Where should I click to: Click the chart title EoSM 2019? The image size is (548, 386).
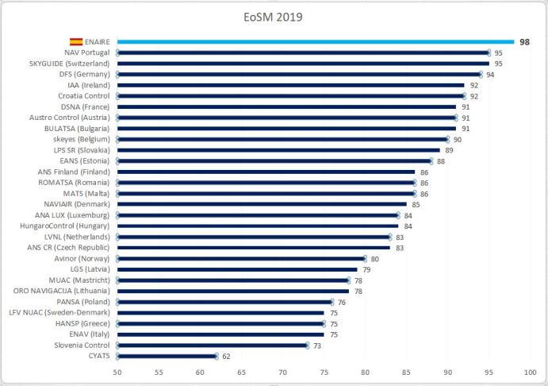(274, 15)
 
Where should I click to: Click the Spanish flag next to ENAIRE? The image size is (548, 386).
(77, 41)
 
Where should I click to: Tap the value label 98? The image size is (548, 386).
(524, 41)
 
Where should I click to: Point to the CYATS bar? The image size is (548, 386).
(167, 356)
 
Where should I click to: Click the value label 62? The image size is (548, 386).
(226, 356)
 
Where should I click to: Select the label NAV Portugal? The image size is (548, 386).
(88, 52)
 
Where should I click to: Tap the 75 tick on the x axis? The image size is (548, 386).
(324, 372)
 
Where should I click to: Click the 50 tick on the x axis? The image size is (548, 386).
(117, 372)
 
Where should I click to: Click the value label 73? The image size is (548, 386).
(316, 345)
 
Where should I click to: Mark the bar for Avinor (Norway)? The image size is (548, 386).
(241, 258)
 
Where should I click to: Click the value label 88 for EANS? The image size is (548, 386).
(440, 160)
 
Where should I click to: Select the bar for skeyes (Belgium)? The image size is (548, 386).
(282, 139)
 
